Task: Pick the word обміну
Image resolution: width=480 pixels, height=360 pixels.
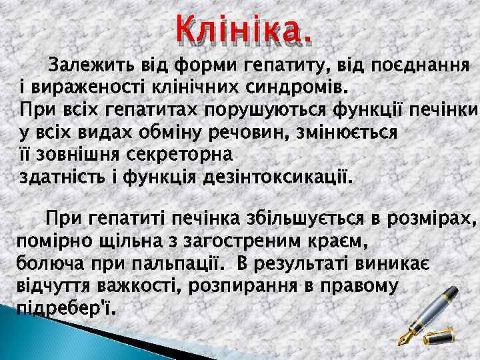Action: pyautogui.click(x=191, y=132)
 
